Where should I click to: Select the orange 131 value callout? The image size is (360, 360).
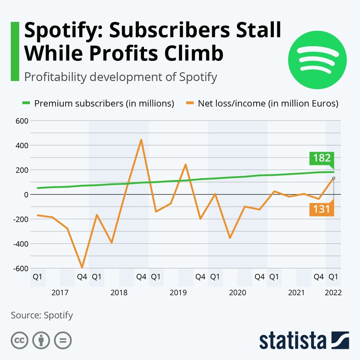point(321,209)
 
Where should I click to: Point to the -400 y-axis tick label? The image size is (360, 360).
point(20,244)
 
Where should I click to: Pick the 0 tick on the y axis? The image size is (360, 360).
point(26,195)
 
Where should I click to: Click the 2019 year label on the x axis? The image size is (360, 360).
point(178,293)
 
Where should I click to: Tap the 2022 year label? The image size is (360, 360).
point(333,293)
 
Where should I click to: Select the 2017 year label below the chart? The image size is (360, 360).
point(60,293)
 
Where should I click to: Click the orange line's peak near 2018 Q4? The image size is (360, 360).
point(141,140)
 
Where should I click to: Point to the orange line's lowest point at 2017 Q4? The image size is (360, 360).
point(82,267)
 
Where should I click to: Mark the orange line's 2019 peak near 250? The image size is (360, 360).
point(186,164)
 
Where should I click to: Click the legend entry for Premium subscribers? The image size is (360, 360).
point(99,103)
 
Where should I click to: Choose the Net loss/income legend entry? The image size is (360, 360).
point(262,103)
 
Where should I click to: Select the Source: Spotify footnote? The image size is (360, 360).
point(42,315)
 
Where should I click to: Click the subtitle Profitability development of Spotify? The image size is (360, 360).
point(121,77)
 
